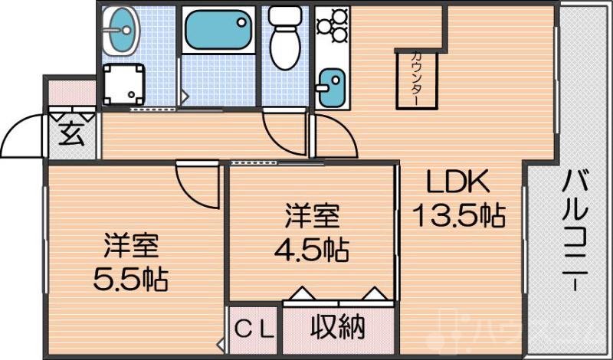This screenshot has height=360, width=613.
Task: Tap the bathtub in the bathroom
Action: pyautogui.click(x=218, y=31)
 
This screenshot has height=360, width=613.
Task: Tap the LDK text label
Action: pyautogui.click(x=457, y=184)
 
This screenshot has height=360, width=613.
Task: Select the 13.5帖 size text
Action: pyautogui.click(x=459, y=217)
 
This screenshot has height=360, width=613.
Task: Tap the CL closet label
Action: pyautogui.click(x=254, y=330)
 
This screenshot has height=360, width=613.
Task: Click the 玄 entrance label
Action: pyautogui.click(x=70, y=136)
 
